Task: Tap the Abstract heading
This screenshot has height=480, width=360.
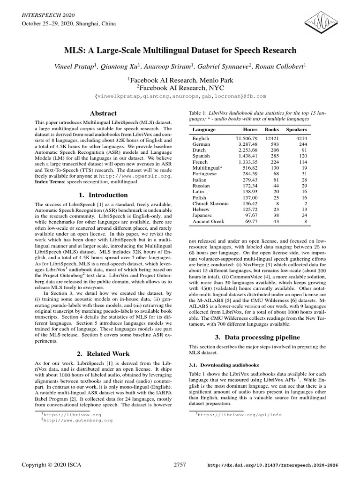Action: tap(104, 113)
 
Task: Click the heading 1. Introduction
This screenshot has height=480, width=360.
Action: tap(104, 195)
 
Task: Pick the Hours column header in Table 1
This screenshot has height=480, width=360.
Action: tap(250, 129)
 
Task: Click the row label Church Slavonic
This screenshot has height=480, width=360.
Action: tap(210, 204)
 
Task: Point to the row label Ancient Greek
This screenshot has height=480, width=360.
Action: tap(209, 222)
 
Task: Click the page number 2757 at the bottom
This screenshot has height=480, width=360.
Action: tap(180, 465)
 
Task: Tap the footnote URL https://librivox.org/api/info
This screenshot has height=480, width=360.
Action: tap(240, 415)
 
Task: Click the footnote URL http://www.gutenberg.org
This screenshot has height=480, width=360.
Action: tap(72, 421)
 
